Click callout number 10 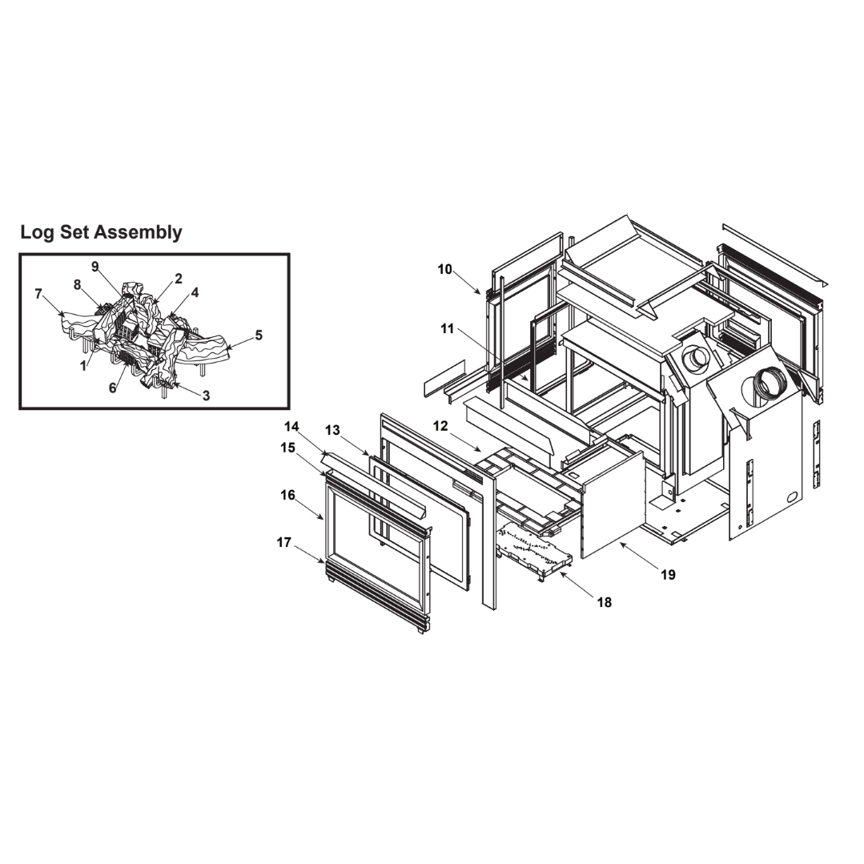pos(444,269)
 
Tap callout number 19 pos(668,575)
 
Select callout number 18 pos(605,603)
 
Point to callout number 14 pos(291,426)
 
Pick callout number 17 pos(283,543)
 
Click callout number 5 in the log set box pos(259,335)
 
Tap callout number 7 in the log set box pos(38,294)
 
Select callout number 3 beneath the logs pos(206,396)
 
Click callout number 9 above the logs pos(94,267)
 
